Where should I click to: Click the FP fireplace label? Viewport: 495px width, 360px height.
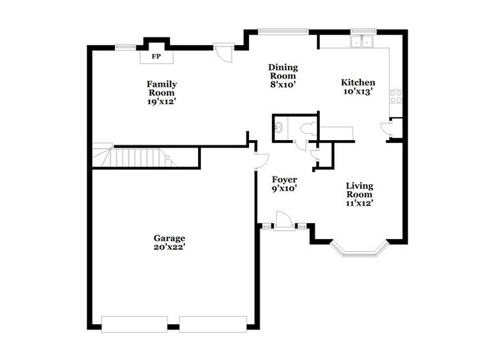point(157,56)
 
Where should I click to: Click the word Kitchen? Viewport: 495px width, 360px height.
point(357,82)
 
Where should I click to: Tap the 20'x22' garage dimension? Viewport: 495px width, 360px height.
point(170,247)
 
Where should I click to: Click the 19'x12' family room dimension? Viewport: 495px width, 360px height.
point(162,101)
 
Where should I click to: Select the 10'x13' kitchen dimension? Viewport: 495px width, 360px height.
point(357,91)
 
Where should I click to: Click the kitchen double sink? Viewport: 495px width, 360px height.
point(359,42)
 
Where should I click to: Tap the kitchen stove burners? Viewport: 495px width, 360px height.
point(395,97)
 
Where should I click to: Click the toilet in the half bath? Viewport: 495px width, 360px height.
point(307,129)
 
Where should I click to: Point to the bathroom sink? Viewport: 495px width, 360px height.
point(279,127)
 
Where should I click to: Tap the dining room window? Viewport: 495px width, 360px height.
point(283,30)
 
